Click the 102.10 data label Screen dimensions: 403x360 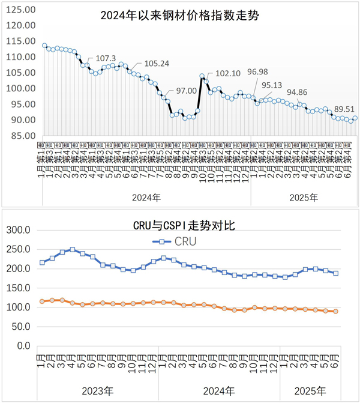(x=227, y=73)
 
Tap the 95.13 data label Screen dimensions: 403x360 (x=272, y=85)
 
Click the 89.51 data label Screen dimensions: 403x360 (x=345, y=109)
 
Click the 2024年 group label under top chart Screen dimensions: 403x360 (x=146, y=196)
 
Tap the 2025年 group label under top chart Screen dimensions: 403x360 (x=304, y=196)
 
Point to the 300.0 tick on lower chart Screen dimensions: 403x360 (x=18, y=230)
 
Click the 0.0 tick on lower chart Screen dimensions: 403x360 (x=23, y=346)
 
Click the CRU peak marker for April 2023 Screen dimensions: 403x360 (x=73, y=249)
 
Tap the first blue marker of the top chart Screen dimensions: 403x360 (x=44, y=45)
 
